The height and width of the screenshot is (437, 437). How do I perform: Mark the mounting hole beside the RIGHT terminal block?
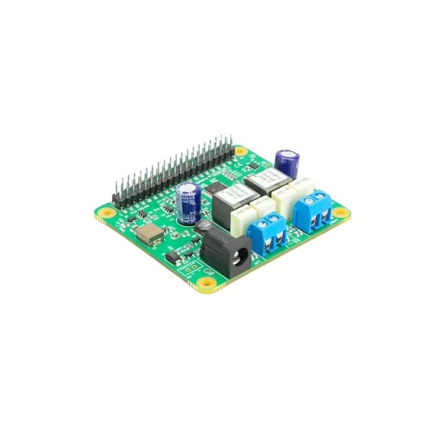pyautogui.click(x=338, y=212)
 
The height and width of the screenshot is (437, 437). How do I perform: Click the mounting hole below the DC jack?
pyautogui.click(x=208, y=282)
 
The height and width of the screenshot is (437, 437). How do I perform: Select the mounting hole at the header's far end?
pyautogui.click(x=240, y=152)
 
